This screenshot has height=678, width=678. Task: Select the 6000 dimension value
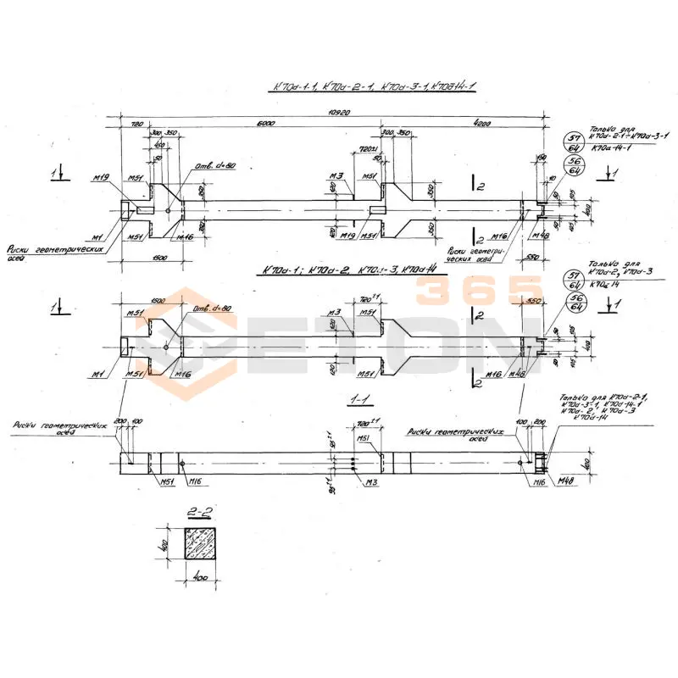coord(264,124)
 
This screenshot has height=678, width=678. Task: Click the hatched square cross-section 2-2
coord(206,545)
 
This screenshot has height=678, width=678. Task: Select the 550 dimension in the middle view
coord(534,302)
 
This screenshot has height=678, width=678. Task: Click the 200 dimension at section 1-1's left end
coord(119,421)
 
